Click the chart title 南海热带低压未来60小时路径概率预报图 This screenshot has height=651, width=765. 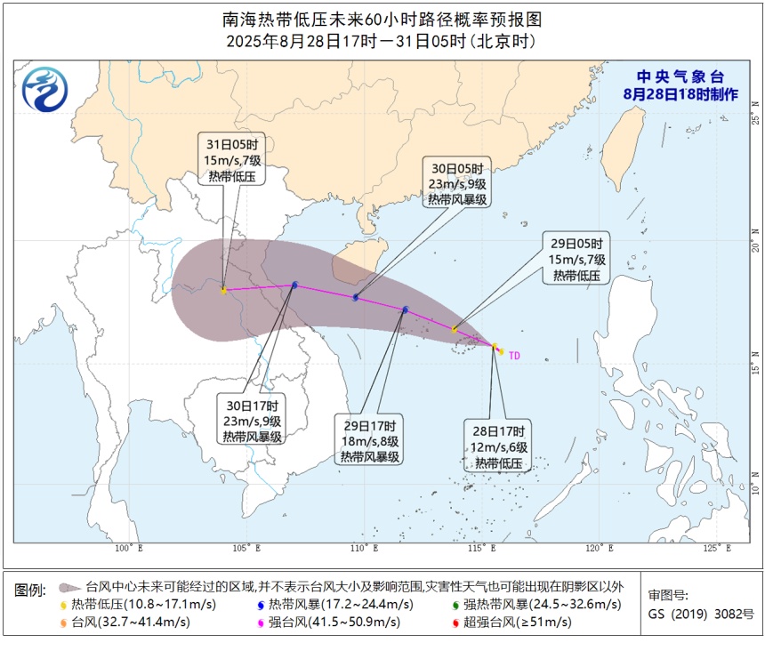click(x=382, y=19)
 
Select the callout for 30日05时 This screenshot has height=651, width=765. click(x=456, y=184)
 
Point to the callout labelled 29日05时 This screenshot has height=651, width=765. click(x=576, y=260)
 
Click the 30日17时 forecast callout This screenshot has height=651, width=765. click(x=254, y=419)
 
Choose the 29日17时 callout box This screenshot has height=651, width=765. click(x=369, y=440)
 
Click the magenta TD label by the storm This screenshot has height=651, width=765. click(x=514, y=355)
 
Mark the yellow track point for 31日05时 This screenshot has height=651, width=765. click(x=223, y=290)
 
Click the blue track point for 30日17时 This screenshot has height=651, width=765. click(x=294, y=285)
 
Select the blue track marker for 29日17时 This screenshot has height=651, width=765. click(x=406, y=310)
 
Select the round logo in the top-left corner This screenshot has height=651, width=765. click(x=43, y=89)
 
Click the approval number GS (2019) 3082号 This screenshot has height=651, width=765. click(x=700, y=615)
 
